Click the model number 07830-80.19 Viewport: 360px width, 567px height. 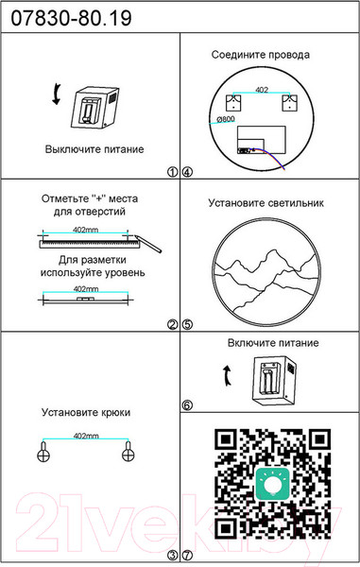point(71,18)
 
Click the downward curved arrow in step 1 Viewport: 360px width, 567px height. point(57,94)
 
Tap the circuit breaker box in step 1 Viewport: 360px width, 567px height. point(94,108)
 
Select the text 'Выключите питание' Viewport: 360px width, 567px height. point(94,149)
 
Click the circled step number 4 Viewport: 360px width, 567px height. point(188,172)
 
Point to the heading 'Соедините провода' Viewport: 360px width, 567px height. point(261,55)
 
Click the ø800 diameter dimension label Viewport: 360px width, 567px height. point(226,119)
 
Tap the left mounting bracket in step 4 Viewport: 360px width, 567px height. point(233,103)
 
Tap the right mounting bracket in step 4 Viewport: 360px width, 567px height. point(290,103)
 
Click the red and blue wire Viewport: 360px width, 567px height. point(272,157)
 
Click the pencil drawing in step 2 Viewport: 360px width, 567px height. point(148,244)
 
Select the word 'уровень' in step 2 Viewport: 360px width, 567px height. point(125,273)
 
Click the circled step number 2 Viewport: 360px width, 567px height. point(173,325)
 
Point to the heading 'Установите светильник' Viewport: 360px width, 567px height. point(266,203)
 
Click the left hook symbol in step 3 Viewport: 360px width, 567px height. point(43,453)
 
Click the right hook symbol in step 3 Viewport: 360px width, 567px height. point(128,453)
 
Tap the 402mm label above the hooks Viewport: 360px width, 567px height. point(86,436)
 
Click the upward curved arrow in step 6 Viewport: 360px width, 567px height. point(227,375)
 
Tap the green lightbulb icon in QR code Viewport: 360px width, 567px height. point(272,484)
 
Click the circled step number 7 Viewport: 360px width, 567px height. point(188,555)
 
